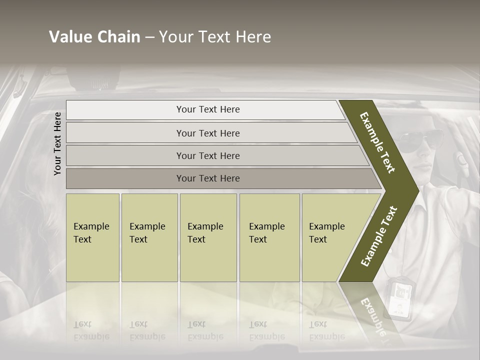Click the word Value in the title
70,37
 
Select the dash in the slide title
150,37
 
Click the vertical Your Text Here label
57,143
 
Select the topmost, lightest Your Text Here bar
207,109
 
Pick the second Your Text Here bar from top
207,133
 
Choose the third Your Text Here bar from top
207,155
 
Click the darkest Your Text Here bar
207,178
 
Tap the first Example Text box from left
92,237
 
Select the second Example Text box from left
149,237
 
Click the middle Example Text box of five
208,237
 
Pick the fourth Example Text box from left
269,237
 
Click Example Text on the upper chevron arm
377,142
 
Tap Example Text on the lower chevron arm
379,236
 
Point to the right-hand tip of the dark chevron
417,190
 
